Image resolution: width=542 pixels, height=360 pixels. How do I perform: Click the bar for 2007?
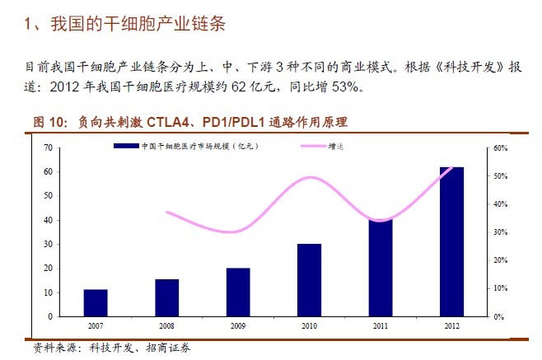[96, 302]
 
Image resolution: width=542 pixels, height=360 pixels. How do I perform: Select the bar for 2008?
[166, 297]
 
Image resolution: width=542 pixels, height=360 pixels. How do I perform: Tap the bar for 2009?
[238, 292]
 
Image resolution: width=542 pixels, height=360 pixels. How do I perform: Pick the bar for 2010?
[309, 280]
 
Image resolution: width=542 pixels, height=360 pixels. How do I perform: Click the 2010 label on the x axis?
[309, 325]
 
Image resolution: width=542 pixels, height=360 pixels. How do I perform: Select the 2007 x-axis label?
[96, 325]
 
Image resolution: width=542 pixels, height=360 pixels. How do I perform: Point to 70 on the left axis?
[47, 147]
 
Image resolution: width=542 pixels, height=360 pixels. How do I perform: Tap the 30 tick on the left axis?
[47, 245]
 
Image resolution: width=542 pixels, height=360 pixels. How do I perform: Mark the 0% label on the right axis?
[498, 317]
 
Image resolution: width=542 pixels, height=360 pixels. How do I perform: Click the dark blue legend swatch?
[124, 147]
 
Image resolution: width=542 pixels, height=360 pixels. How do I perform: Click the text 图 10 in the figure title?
[49, 122]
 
